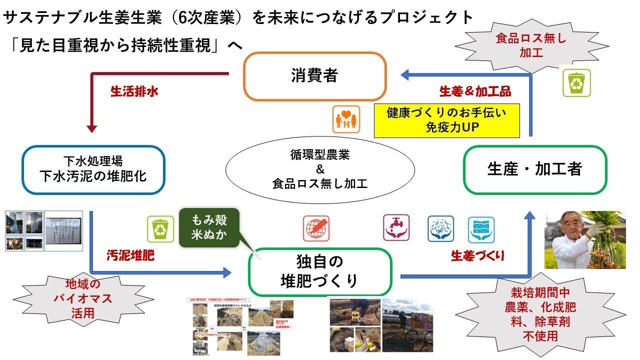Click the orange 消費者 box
click(314, 75)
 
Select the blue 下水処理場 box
click(93, 169)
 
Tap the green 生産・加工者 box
click(534, 169)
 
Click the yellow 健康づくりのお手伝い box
click(446, 120)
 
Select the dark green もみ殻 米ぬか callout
click(209, 227)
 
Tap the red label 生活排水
click(134, 92)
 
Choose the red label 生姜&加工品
click(475, 91)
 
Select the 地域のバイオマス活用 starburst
click(82, 299)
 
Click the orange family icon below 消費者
click(346, 119)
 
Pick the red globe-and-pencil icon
click(316, 228)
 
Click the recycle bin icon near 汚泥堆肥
click(160, 229)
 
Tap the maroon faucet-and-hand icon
click(396, 228)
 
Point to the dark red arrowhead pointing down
click(91, 128)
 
